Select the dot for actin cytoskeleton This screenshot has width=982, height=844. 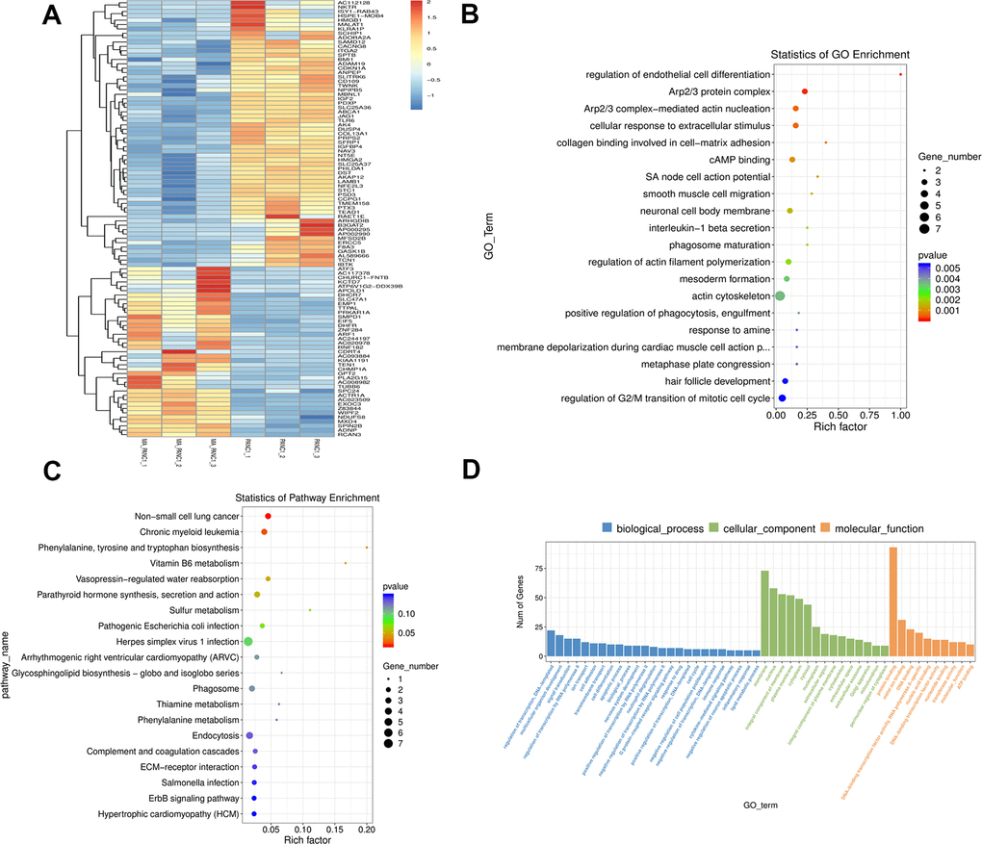click(x=780, y=295)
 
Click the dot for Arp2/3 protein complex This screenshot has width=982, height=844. click(x=805, y=91)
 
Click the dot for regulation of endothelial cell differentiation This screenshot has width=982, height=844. click(x=900, y=74)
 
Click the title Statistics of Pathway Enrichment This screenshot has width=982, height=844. click(x=307, y=497)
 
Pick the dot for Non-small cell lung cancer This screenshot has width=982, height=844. click(x=268, y=517)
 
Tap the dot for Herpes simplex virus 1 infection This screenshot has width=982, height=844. click(x=248, y=642)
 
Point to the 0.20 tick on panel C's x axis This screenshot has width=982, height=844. click(x=367, y=827)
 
